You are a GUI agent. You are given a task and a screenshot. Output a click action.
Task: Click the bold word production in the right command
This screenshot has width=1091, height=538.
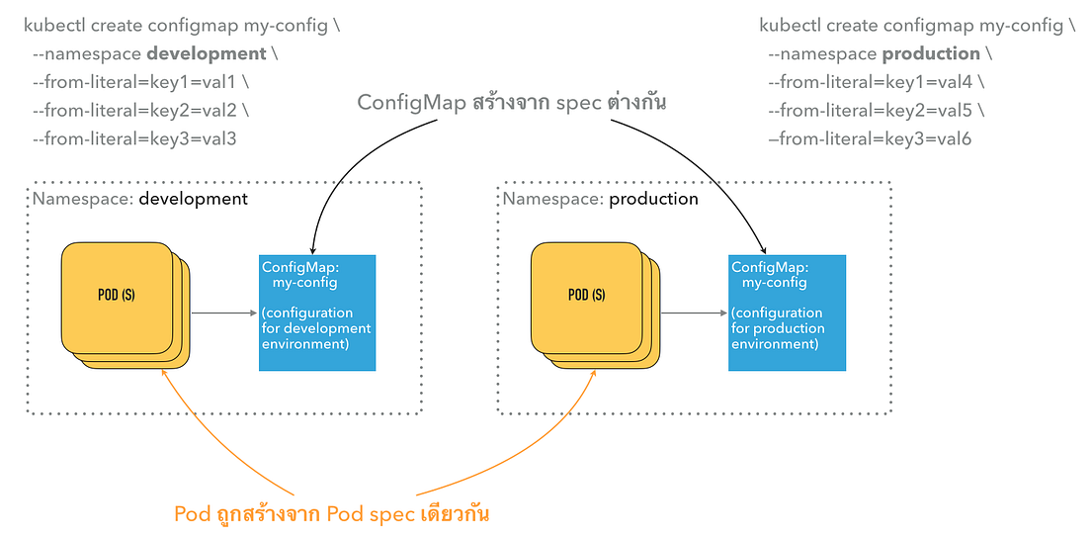pyautogui.click(x=931, y=53)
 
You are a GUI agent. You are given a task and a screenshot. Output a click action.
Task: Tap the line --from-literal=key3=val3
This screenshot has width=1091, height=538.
pyautogui.click(x=134, y=138)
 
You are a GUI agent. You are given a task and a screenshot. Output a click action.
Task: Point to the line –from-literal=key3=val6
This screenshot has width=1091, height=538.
pyautogui.click(x=870, y=138)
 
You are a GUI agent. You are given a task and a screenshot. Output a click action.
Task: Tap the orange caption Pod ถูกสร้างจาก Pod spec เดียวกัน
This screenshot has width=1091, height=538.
pyautogui.click(x=333, y=514)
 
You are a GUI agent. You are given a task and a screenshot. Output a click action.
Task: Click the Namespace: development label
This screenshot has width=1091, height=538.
pyautogui.click(x=139, y=199)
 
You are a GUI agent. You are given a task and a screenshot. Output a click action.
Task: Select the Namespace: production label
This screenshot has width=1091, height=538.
pyautogui.click(x=600, y=199)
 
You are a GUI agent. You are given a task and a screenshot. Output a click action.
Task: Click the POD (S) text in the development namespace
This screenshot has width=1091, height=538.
pyautogui.click(x=117, y=295)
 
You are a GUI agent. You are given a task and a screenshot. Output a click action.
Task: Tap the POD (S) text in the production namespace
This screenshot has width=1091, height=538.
pyautogui.click(x=586, y=295)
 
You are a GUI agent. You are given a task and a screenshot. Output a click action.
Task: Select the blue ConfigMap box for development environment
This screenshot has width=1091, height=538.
pyautogui.click(x=317, y=313)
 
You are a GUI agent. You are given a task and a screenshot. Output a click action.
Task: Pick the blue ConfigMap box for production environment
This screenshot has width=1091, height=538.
pyautogui.click(x=787, y=313)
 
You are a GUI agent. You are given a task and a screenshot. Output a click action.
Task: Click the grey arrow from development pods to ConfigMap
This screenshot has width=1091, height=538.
pyautogui.click(x=223, y=314)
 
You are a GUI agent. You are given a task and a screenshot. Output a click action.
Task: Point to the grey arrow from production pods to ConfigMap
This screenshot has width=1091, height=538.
pyautogui.click(x=694, y=314)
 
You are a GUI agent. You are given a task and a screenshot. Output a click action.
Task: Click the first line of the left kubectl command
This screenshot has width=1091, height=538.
pyautogui.click(x=182, y=26)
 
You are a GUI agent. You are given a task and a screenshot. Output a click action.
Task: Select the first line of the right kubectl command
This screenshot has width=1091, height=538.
pyautogui.click(x=917, y=26)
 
